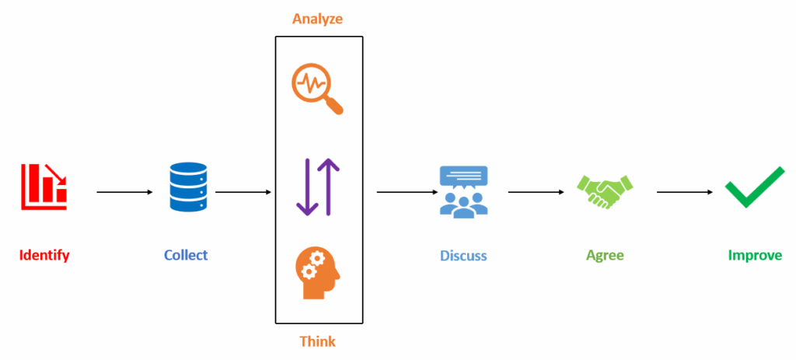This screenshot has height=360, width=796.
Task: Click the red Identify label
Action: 44,255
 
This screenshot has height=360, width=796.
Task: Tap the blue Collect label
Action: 186,255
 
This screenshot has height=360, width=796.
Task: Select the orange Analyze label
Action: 318,19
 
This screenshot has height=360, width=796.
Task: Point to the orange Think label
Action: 318,341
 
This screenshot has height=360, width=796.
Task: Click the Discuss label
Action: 463,255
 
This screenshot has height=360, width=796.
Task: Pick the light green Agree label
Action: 605,255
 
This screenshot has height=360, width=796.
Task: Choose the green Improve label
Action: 755,255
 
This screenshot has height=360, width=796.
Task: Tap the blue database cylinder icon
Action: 187,187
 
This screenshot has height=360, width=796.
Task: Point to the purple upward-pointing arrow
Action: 329,187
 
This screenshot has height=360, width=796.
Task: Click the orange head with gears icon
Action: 318,272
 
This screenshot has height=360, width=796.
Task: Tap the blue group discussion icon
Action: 463,190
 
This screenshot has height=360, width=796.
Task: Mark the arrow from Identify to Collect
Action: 124,191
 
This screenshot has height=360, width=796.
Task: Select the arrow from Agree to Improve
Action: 685,191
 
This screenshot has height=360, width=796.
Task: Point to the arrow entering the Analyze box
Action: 243,191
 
